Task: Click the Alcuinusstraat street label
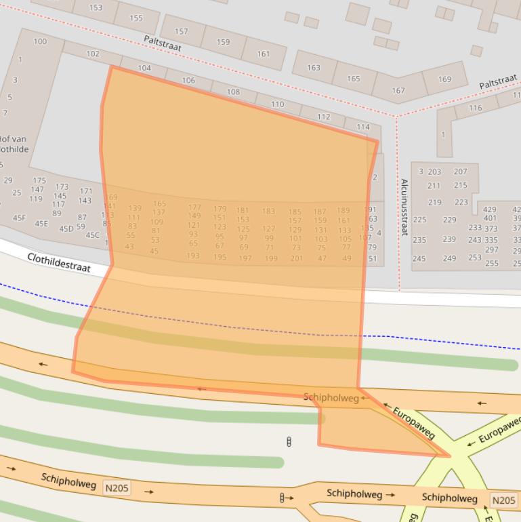tap(404, 207)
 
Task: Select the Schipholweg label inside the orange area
tap(331, 398)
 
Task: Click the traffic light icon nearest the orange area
tap(289, 443)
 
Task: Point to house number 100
tap(40, 41)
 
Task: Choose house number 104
tap(144, 68)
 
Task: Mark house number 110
tap(277, 104)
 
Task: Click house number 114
tap(363, 127)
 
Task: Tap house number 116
tap(475, 108)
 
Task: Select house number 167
tap(398, 90)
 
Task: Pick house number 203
tap(434, 172)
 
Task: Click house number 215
tap(461, 185)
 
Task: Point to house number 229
tap(449, 220)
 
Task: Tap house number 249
tap(449, 258)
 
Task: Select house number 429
tap(489, 210)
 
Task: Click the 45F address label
tap(19, 218)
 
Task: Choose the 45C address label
tap(92, 235)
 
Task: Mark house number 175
tap(39, 181)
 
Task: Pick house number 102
tap(93, 54)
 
